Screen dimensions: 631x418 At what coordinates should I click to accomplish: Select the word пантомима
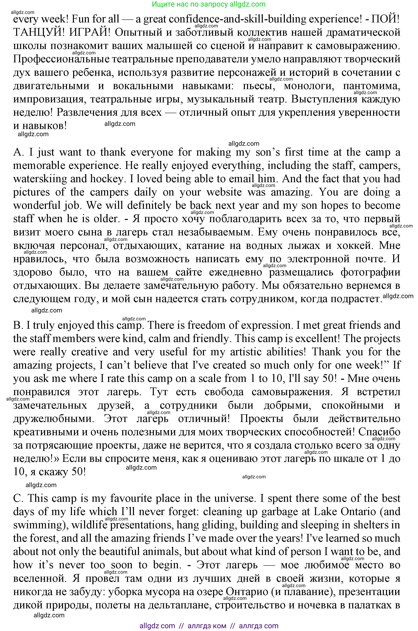click(x=371, y=86)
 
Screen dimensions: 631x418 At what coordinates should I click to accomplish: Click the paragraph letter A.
click(x=18, y=152)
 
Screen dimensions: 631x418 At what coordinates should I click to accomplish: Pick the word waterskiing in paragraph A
click(x=40, y=179)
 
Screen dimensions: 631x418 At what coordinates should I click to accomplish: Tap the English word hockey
click(x=108, y=179)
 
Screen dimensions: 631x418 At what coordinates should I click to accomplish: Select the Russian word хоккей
click(x=352, y=245)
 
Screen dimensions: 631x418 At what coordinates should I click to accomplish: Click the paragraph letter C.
click(x=18, y=498)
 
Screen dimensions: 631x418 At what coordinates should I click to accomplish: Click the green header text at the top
click(x=209, y=4)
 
